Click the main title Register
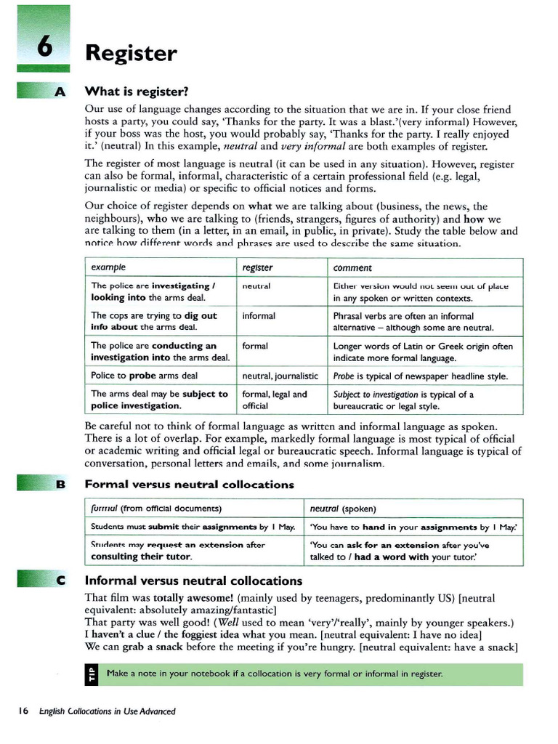pyautogui.click(x=131, y=53)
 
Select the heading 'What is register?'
pyautogui.click(x=137, y=92)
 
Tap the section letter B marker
pyautogui.click(x=60, y=484)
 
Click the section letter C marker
pyautogui.click(x=60, y=581)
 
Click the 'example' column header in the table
pyautogui.click(x=108, y=267)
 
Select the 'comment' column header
pyautogui.click(x=352, y=267)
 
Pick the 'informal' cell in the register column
pyautogui.click(x=259, y=316)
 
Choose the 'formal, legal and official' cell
pyautogui.click(x=274, y=400)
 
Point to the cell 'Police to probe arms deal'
pyautogui.click(x=144, y=376)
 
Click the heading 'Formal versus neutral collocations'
pyautogui.click(x=189, y=484)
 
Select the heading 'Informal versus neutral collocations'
pyautogui.click(x=193, y=581)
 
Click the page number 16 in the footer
pyautogui.click(x=23, y=711)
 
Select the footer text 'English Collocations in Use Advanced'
pyautogui.click(x=108, y=711)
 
